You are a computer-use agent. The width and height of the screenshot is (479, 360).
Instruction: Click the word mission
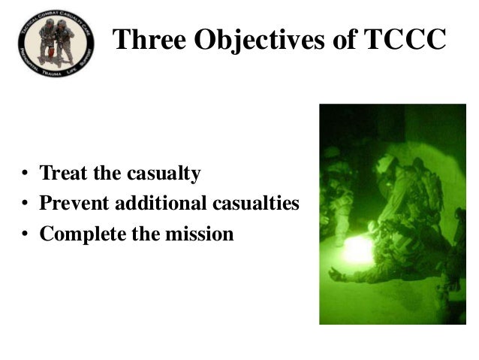pyautogui.click(x=199, y=234)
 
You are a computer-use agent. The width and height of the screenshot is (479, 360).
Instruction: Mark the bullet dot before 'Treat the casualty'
pyautogui.click(x=24, y=176)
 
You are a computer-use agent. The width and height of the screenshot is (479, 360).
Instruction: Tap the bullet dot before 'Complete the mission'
pyautogui.click(x=24, y=235)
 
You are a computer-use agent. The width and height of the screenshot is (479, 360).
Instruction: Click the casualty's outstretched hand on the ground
pyautogui.click(x=336, y=275)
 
